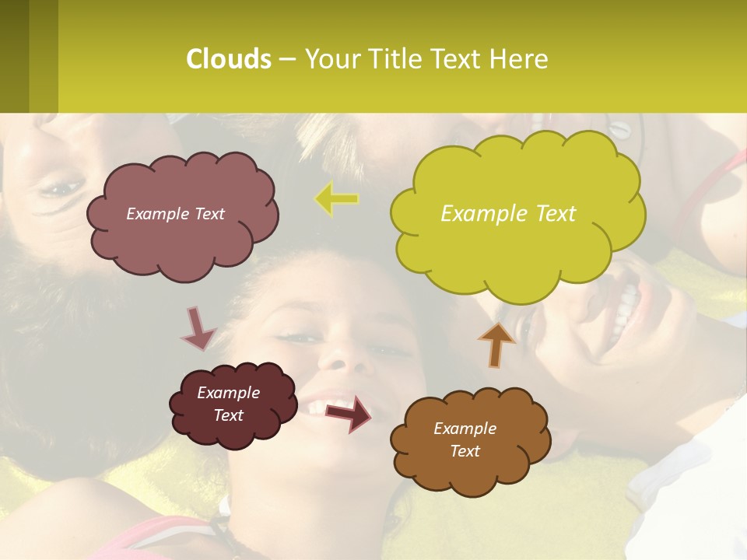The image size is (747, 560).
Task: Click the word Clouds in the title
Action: tap(228, 59)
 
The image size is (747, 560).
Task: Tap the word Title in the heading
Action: tap(394, 59)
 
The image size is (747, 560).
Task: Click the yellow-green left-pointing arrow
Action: tap(336, 199)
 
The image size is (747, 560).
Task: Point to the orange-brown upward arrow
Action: tap(496, 344)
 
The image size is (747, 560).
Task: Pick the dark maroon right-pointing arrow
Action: tap(349, 413)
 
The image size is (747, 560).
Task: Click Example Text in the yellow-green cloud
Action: tap(508, 214)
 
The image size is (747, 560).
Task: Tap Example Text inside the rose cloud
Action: tap(175, 214)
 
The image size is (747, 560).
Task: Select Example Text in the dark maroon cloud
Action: tap(228, 404)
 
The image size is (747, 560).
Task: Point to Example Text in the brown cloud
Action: tap(465, 439)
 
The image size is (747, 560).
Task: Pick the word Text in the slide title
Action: tap(459, 59)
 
